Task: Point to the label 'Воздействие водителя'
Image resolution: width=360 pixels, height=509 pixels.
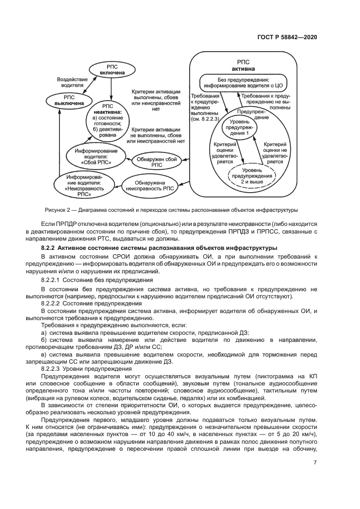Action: click(72, 82)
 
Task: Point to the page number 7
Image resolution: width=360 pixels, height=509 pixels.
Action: click(315, 463)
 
